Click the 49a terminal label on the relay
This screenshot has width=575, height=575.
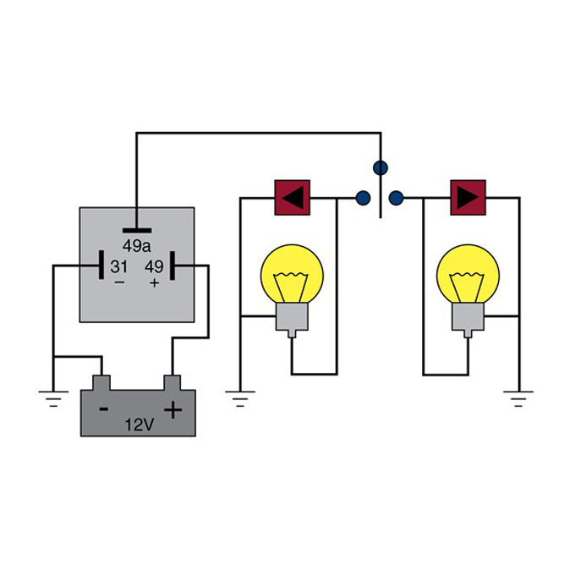click(136, 246)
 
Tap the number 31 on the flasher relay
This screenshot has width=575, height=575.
click(118, 267)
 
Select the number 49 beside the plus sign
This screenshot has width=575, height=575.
click(153, 267)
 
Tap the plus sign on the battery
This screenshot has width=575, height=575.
click(172, 410)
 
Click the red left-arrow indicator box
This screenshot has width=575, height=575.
click(293, 198)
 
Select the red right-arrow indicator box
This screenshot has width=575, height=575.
click(468, 198)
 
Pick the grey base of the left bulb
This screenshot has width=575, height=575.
click(291, 319)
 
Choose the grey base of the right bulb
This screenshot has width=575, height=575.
click(468, 319)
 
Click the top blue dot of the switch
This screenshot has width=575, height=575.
click(381, 167)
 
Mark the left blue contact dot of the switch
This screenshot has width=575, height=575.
click(363, 199)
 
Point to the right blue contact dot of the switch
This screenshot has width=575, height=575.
click(397, 199)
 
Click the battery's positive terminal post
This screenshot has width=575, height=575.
click(173, 382)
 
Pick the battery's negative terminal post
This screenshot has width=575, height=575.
click(101, 382)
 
